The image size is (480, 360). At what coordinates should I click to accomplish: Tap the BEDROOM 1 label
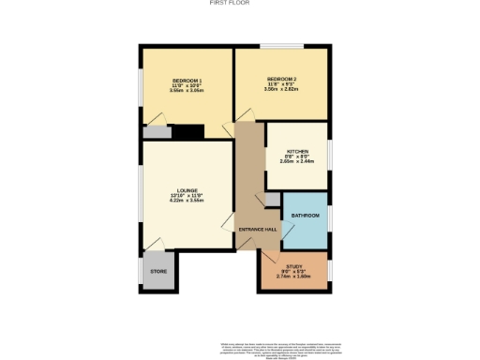click(x=187, y=80)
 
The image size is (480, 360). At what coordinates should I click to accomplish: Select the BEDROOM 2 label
click(x=281, y=79)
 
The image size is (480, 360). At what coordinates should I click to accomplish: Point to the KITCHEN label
click(x=297, y=150)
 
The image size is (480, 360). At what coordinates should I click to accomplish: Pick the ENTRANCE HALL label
click(x=257, y=229)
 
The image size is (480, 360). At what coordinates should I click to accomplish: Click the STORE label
click(x=158, y=271)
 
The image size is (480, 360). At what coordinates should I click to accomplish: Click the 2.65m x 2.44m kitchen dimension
click(x=297, y=161)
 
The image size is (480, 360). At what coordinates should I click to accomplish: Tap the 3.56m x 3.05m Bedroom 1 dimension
click(x=187, y=91)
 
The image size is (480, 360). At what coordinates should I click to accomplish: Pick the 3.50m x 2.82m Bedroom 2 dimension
click(x=281, y=90)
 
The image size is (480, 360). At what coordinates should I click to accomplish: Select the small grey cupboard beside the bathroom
click(x=272, y=199)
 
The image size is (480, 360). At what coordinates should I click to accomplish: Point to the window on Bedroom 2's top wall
click(x=274, y=46)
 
